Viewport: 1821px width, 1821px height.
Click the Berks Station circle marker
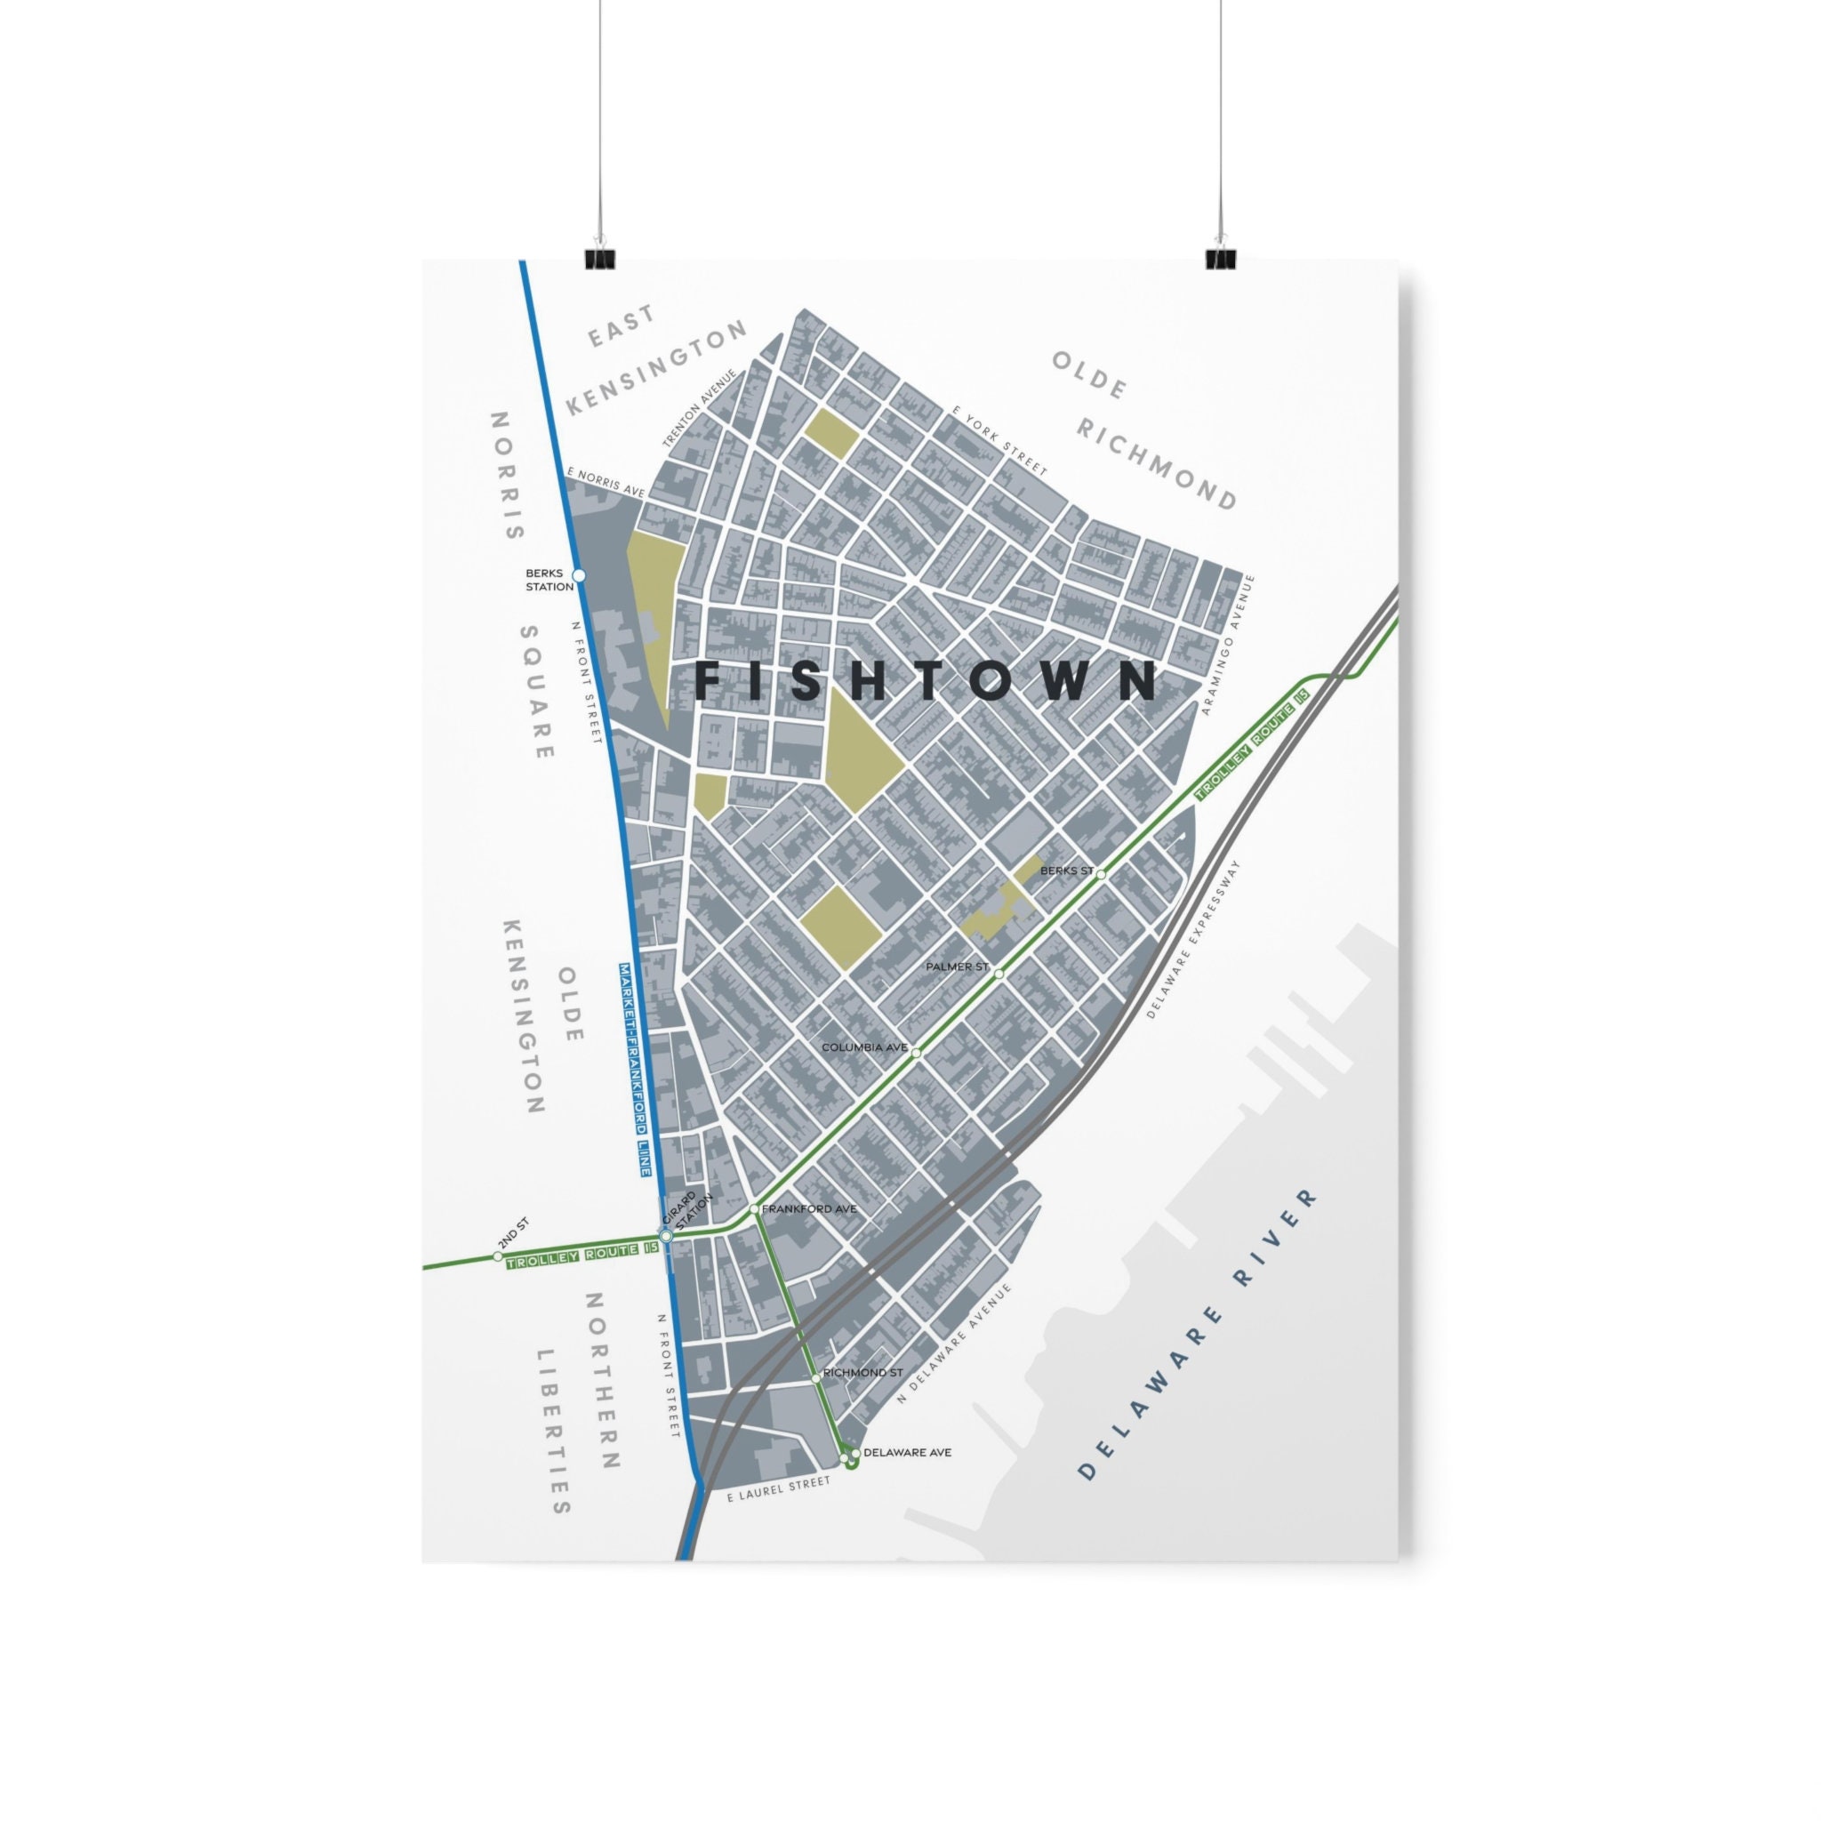pyautogui.click(x=579, y=575)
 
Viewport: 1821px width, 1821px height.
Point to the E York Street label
pyautogui.click(x=1000, y=441)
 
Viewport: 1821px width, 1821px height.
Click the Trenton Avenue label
pyautogui.click(x=698, y=408)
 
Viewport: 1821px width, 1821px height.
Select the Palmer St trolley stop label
pyautogui.click(x=957, y=967)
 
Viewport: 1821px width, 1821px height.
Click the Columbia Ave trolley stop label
pyautogui.click(x=863, y=1047)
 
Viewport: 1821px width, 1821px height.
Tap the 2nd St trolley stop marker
pyautogui.click(x=498, y=1256)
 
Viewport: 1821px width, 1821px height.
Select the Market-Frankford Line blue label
pyautogui.click(x=634, y=1069)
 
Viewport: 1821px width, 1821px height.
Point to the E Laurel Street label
pyautogui.click(x=779, y=1489)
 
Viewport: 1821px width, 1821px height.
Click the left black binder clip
pyautogui.click(x=599, y=258)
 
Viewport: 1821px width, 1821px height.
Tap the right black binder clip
pyautogui.click(x=1221, y=258)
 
